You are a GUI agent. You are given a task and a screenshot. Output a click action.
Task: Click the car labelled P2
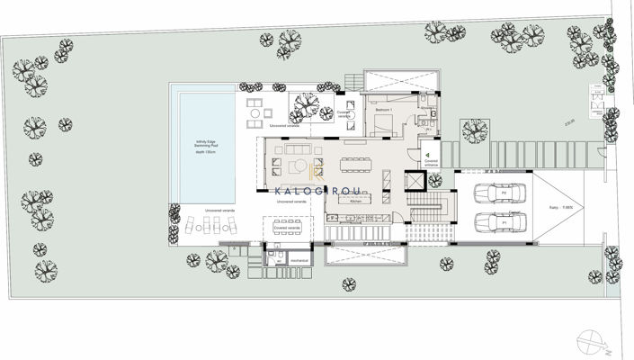click(494, 193)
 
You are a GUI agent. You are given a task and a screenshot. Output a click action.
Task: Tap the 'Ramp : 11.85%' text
click(570, 208)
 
